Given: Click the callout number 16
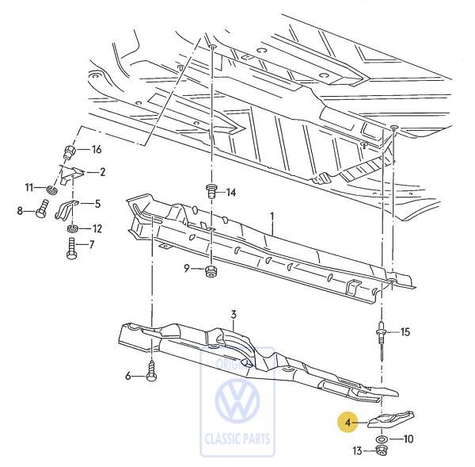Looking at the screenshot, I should click(97, 150).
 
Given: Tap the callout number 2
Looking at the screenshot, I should click(102, 171).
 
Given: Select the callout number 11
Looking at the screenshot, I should click(29, 187).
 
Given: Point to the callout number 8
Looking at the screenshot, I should click(21, 210).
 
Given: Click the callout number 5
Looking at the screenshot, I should click(97, 204).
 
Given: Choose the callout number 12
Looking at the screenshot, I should click(97, 228).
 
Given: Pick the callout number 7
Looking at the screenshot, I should click(91, 244).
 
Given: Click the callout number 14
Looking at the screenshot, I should click(230, 193).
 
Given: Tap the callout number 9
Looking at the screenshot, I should click(188, 269).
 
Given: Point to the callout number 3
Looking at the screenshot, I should click(234, 315).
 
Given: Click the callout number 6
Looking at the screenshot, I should click(127, 377).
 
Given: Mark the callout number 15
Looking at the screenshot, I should click(405, 331).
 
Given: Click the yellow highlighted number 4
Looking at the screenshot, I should click(347, 423).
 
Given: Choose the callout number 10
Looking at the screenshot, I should click(408, 438).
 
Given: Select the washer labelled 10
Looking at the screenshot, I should click(382, 438).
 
